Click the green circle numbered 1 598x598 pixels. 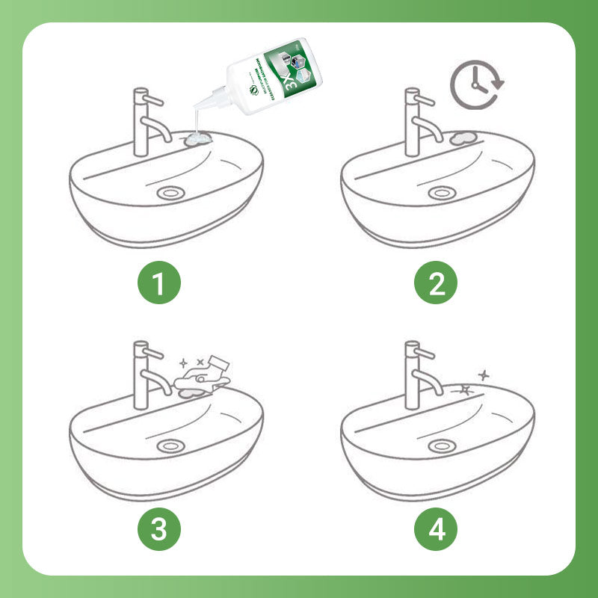[x=158, y=283]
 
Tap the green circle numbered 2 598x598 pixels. [x=437, y=283]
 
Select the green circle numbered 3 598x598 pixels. [x=158, y=529]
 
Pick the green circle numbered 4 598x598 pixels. [x=437, y=529]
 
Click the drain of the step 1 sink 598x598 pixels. [x=170, y=192]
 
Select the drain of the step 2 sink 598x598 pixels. [x=442, y=192]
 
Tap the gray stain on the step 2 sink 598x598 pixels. [x=463, y=138]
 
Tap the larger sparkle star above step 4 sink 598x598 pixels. [x=465, y=389]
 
